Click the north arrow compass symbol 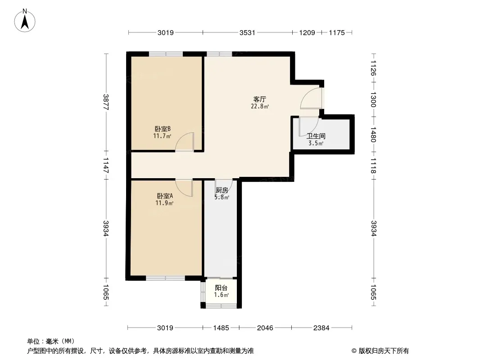(25, 21)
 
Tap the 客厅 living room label (260, 99)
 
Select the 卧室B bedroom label (163, 129)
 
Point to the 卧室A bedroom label (165, 196)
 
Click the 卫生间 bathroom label (316, 136)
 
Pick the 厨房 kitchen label (222, 190)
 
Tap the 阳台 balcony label (221, 288)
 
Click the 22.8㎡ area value (260, 107)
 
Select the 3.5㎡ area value (316, 144)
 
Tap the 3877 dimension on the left (106, 102)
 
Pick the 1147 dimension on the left (106, 165)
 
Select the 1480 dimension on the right (373, 135)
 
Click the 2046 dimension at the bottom (265, 328)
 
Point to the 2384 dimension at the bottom (322, 328)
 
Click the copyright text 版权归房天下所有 (384, 351)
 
